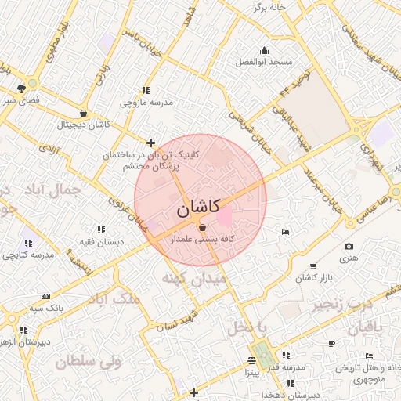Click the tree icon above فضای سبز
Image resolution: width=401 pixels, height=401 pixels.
coord(32,87)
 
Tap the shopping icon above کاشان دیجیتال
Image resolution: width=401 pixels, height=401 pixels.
coord(83,113)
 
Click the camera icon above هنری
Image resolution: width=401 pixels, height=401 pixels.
coord(349,247)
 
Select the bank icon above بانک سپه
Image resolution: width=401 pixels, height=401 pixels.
coord(45,297)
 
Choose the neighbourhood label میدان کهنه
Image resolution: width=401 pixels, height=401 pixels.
coord(193,278)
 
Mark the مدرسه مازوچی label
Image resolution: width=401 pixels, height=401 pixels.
coord(146,103)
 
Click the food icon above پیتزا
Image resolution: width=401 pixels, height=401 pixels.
coord(251,360)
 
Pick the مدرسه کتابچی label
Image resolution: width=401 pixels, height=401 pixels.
coord(28,255)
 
